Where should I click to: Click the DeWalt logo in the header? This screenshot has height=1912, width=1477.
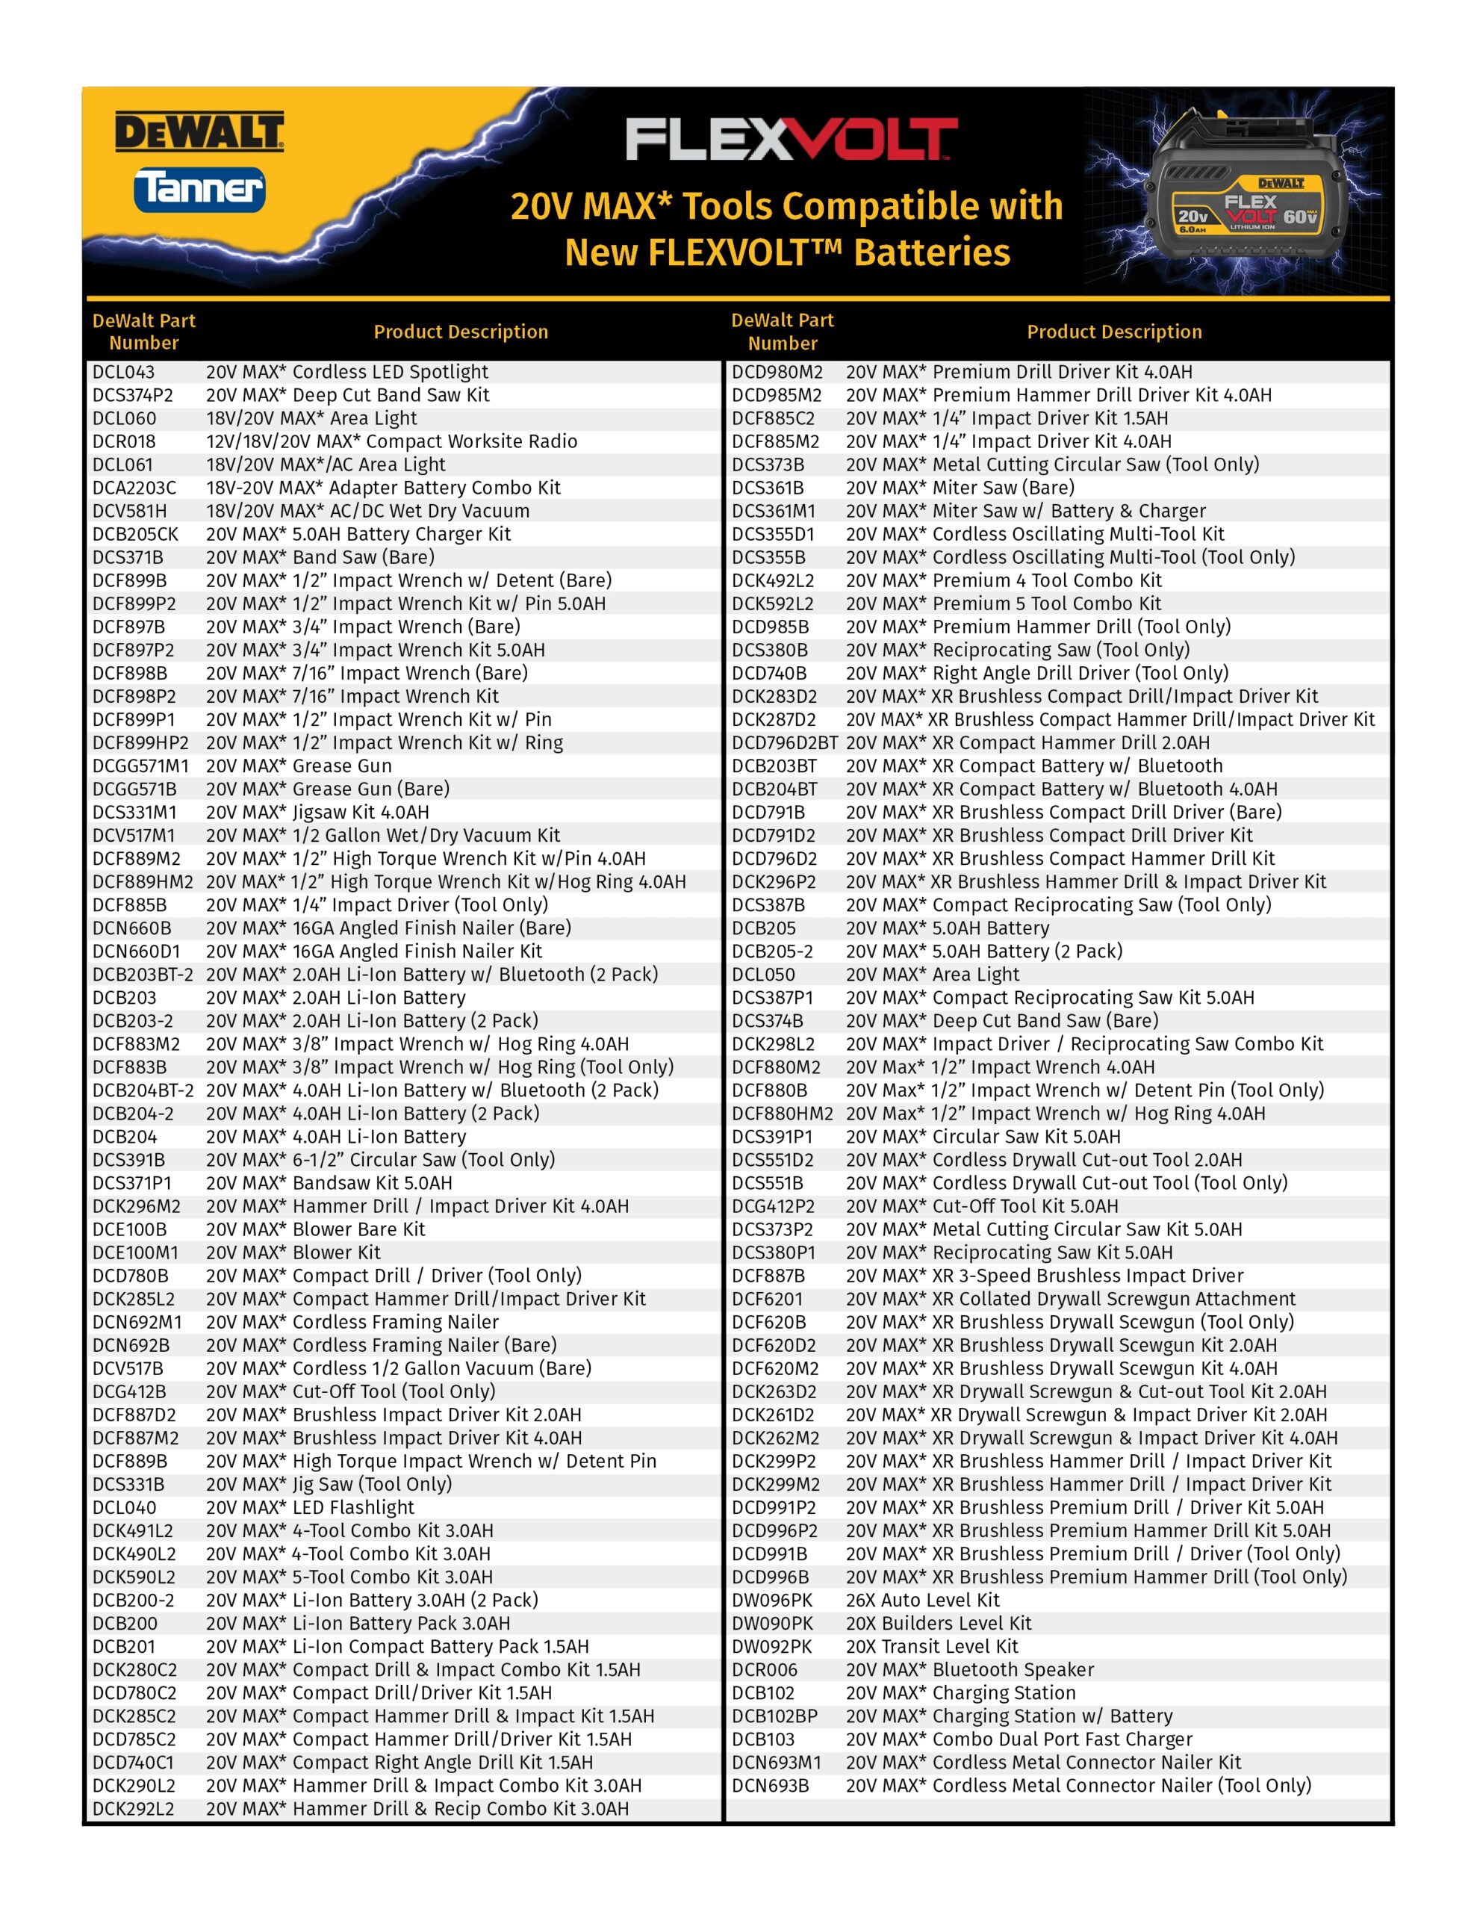[199, 132]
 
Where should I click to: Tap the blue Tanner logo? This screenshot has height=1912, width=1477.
[199, 189]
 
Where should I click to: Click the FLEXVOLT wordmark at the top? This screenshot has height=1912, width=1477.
[792, 140]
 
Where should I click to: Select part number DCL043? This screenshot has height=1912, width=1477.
[123, 372]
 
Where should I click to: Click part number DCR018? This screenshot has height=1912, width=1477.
[123, 441]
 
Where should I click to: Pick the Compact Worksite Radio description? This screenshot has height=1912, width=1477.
[391, 441]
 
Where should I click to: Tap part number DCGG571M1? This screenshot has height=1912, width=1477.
[141, 766]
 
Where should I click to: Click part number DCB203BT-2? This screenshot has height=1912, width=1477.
[143, 975]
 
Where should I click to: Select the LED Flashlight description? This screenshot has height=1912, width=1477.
[310, 1507]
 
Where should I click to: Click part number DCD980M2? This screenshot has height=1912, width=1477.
[777, 372]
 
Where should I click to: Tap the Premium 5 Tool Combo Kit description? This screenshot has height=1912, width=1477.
[1004, 603]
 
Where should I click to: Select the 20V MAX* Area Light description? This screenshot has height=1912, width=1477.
[933, 975]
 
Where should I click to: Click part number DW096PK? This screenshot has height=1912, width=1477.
[772, 1601]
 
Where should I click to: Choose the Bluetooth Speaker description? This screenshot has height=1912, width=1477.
[970, 1669]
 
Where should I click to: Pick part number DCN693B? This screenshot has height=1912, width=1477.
[771, 1785]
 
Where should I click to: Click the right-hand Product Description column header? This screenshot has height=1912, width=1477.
[1113, 332]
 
